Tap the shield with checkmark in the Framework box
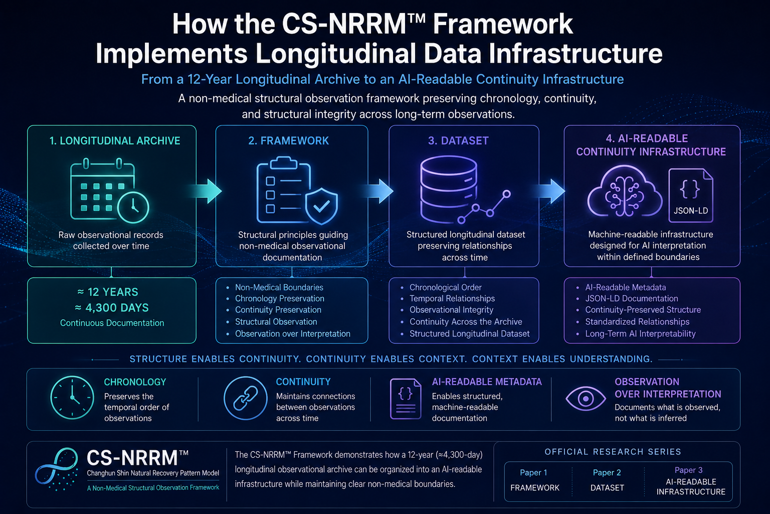click(x=322, y=206)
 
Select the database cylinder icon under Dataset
click(x=449, y=189)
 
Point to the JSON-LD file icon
click(x=691, y=195)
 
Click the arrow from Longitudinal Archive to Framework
click(x=206, y=191)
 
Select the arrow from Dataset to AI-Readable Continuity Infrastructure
click(x=549, y=191)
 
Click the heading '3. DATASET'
click(x=458, y=141)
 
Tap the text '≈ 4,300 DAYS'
click(x=112, y=307)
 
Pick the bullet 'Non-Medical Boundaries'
click(x=279, y=287)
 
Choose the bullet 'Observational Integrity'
click(x=451, y=310)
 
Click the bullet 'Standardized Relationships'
click(x=637, y=322)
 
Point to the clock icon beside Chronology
click(x=72, y=397)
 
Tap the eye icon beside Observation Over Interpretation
click(x=586, y=399)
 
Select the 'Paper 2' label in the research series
click(x=607, y=472)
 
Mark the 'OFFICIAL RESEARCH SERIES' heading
click(x=613, y=452)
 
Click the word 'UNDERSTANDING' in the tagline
click(x=611, y=359)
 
